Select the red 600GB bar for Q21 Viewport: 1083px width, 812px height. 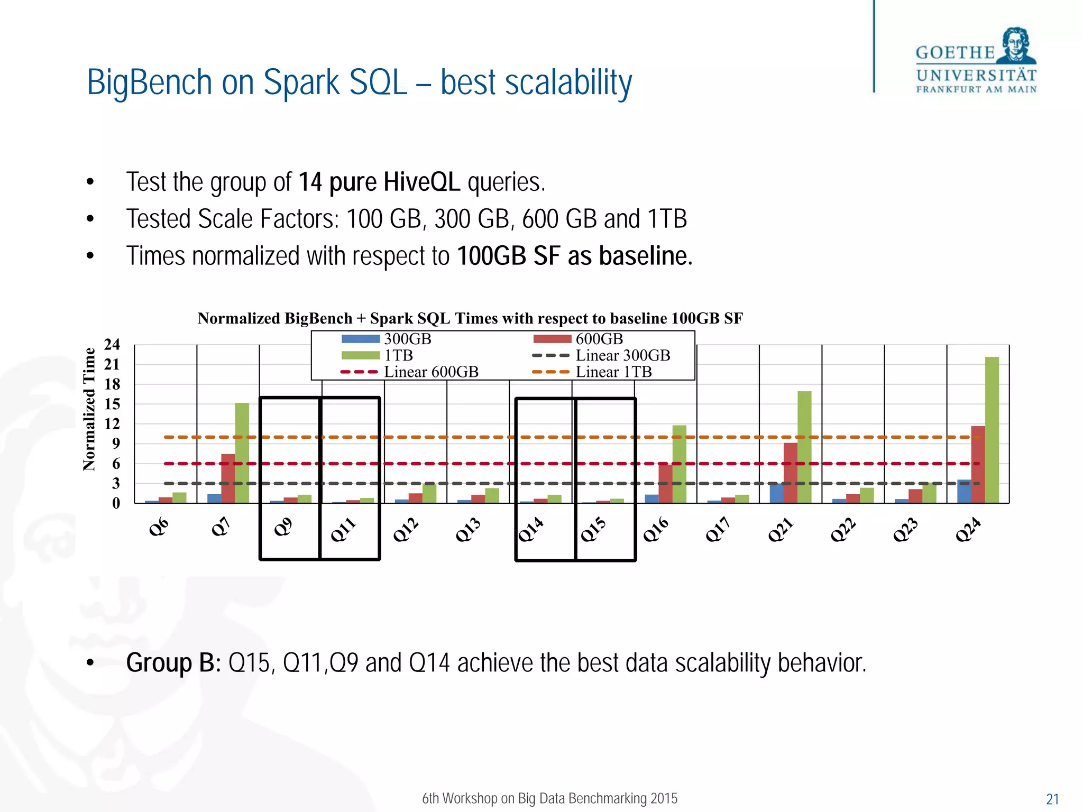click(x=790, y=473)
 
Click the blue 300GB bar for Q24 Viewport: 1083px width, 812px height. click(x=963, y=491)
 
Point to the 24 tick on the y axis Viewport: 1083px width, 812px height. click(x=112, y=345)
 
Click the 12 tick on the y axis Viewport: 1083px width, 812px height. click(x=112, y=424)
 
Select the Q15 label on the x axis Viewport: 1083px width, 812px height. click(x=593, y=529)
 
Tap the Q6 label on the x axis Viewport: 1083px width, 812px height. click(x=159, y=527)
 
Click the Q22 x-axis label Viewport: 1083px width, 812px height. click(x=843, y=529)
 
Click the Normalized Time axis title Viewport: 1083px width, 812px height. click(x=89, y=409)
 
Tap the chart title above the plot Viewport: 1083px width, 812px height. click(x=470, y=318)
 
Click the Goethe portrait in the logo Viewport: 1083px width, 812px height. click(x=1016, y=46)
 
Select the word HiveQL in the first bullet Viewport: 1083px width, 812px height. click(x=421, y=182)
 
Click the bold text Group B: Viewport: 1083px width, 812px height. click(x=173, y=663)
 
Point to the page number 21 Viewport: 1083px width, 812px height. click(x=1052, y=799)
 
